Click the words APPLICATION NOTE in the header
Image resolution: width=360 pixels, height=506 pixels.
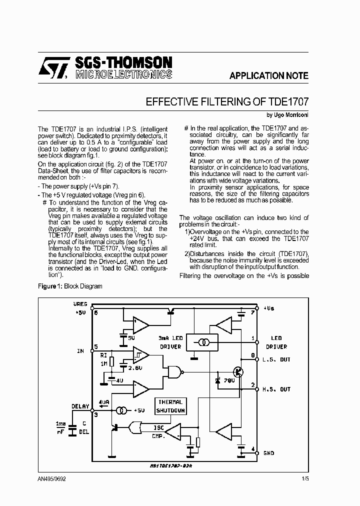[269, 76]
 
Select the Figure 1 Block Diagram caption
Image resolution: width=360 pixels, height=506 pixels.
[70, 286]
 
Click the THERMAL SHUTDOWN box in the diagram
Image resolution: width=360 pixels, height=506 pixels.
[171, 406]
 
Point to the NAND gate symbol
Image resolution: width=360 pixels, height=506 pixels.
[175, 371]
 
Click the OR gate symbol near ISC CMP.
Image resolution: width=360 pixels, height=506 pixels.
[135, 428]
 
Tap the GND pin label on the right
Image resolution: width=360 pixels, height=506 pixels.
[268, 453]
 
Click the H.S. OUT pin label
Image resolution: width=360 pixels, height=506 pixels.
[277, 389]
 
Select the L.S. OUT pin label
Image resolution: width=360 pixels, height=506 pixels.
[277, 360]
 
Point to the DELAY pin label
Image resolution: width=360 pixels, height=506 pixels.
[80, 406]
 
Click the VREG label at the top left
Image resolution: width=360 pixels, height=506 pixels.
[80, 304]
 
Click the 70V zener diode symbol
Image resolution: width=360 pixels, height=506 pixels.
[217, 381]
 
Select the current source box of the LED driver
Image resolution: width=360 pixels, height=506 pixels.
[202, 342]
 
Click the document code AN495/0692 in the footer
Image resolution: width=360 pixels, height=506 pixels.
[51, 478]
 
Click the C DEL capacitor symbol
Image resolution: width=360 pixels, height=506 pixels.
[72, 427]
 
